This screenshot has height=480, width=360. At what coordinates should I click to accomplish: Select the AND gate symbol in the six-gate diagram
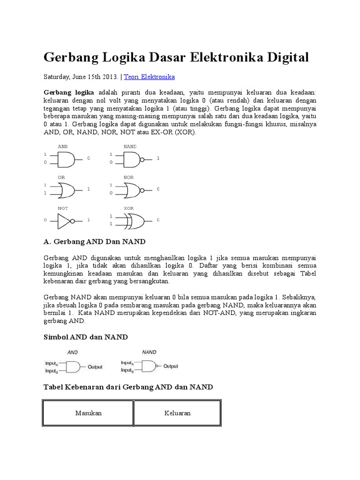coord(67,159)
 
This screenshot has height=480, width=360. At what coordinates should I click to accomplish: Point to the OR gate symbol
coord(67,189)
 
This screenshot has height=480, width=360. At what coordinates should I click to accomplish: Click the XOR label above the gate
coord(129,208)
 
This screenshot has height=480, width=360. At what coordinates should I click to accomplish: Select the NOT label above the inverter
coord(63,208)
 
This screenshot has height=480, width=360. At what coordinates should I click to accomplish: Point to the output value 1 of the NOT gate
coord(88,220)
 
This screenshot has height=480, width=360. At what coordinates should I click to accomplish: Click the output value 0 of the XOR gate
coord(158,220)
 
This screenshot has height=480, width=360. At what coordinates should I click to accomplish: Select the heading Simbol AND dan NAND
coord(85,337)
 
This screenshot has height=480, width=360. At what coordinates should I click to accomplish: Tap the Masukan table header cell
coord(88,413)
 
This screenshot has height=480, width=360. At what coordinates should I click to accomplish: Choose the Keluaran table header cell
coord(177,413)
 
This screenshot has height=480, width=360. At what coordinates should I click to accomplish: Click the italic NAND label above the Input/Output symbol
coord(149,352)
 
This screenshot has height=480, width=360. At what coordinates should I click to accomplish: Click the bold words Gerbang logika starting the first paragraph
coord(68,92)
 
